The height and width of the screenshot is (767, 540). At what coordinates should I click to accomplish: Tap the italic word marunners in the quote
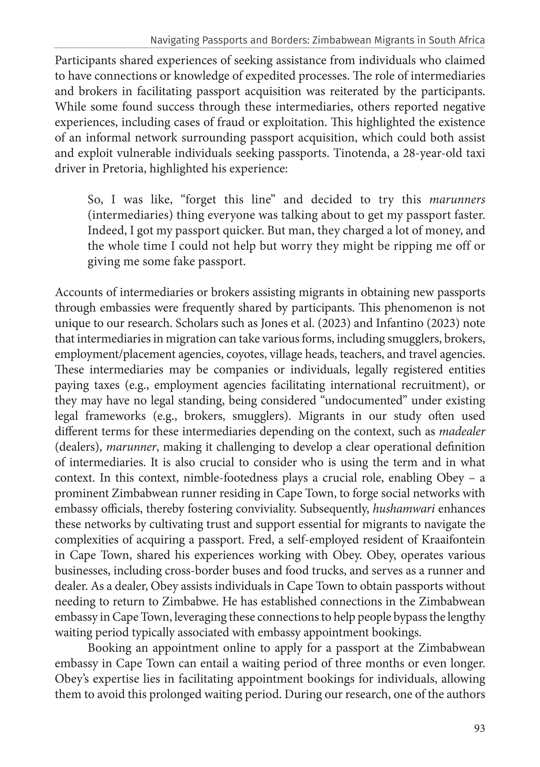pos(457,200)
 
